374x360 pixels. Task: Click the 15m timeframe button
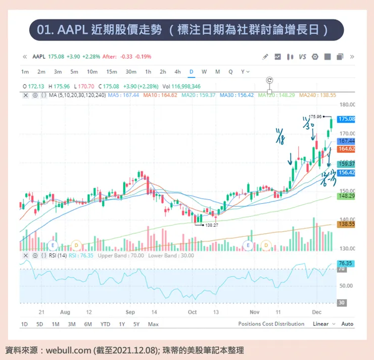112,72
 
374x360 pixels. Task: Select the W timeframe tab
204,72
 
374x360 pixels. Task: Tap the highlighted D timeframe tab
191,72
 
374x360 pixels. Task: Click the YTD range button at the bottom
105,324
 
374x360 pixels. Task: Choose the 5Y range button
136,324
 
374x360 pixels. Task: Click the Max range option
153,324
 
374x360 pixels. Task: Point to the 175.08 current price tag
347,119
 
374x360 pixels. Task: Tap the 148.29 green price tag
347,196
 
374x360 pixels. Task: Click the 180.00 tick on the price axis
348,105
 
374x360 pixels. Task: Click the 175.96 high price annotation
316,117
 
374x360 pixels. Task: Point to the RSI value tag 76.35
346,263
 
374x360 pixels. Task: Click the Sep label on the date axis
130,312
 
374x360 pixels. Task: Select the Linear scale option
320,324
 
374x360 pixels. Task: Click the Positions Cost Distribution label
271,324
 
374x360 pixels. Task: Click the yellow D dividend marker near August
76,245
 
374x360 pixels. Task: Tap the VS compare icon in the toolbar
302,57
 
